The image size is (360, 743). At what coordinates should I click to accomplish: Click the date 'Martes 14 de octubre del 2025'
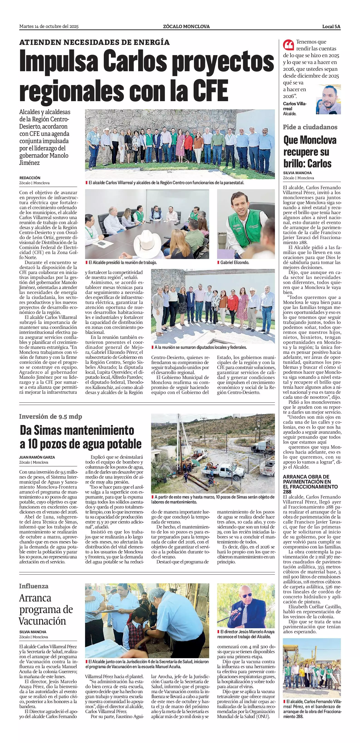coord(49,27)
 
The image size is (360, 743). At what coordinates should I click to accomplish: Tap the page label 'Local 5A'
coord(331,27)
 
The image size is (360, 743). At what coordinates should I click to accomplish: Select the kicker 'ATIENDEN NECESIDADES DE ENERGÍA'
coord(94,42)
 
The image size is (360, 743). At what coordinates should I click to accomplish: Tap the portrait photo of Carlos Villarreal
coord(328,100)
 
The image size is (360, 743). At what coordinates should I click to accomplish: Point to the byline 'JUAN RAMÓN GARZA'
coord(37,457)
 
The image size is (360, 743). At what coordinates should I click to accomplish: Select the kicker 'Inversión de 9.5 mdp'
coord(51,416)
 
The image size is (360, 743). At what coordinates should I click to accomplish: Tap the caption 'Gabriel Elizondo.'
coord(235,263)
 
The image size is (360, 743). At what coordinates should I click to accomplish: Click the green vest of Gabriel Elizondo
coord(240,228)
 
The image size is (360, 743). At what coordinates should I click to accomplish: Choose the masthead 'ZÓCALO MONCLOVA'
coord(186,27)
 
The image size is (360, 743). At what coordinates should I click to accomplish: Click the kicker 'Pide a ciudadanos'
coord(310,127)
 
